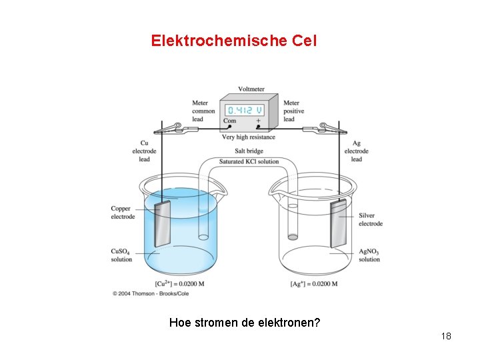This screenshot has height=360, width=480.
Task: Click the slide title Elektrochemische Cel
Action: point(234,41)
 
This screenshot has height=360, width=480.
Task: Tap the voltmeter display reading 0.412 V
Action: point(245,109)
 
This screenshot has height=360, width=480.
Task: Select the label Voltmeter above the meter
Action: point(251,89)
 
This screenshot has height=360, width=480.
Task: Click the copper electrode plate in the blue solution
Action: point(163,223)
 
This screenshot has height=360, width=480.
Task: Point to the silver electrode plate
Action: point(340,223)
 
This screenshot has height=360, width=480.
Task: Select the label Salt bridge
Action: point(249,152)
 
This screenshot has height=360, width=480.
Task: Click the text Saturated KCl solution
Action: point(249,161)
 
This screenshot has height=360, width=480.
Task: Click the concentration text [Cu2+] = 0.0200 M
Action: point(179,284)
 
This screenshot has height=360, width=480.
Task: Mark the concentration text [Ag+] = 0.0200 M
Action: point(314,284)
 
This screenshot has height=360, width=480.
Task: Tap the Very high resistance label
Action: point(249,137)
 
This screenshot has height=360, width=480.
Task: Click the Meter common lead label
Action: point(203,111)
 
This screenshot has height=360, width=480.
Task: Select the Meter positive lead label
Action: point(293,111)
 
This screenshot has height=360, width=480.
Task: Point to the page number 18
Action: point(446,336)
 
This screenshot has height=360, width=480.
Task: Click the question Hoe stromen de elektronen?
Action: point(245,323)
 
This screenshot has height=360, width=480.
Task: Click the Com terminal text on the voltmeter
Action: point(230,121)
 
